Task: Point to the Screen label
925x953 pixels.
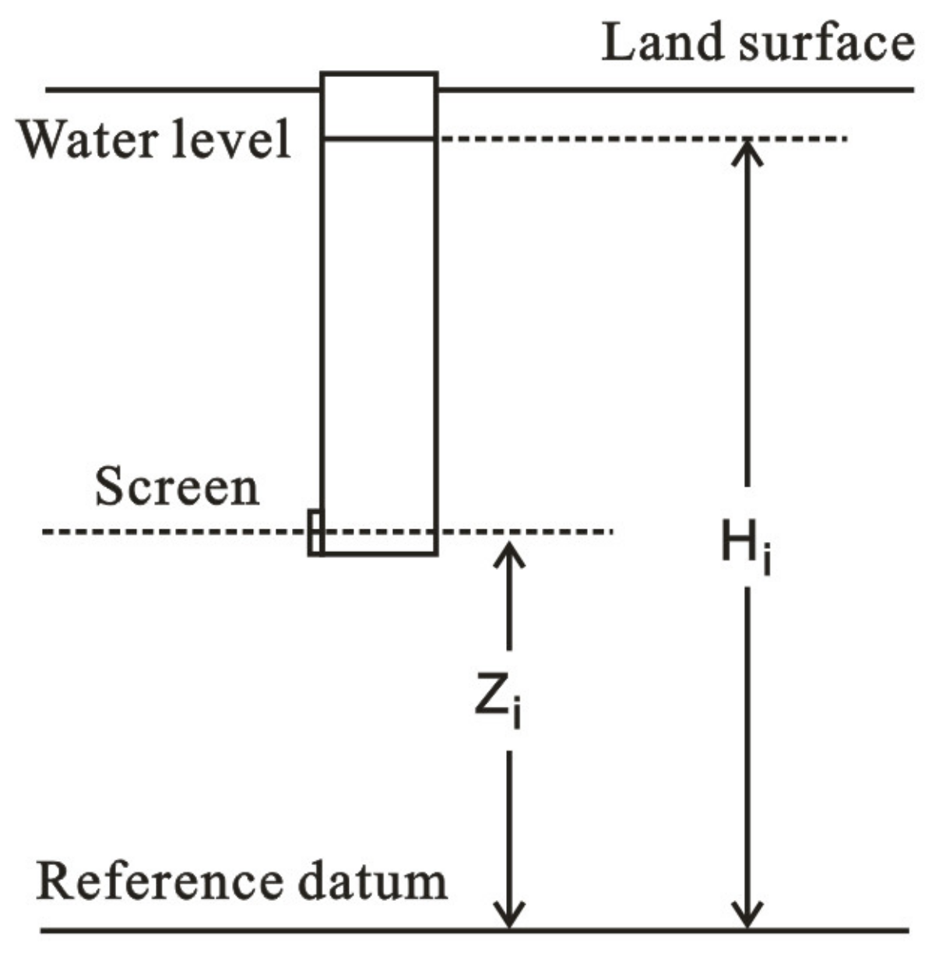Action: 177,488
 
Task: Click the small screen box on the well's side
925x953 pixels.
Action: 315,533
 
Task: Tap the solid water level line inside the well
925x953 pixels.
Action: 379,139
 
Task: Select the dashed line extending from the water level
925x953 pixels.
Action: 638,139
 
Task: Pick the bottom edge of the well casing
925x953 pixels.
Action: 379,554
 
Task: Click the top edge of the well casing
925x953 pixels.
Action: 379,74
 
